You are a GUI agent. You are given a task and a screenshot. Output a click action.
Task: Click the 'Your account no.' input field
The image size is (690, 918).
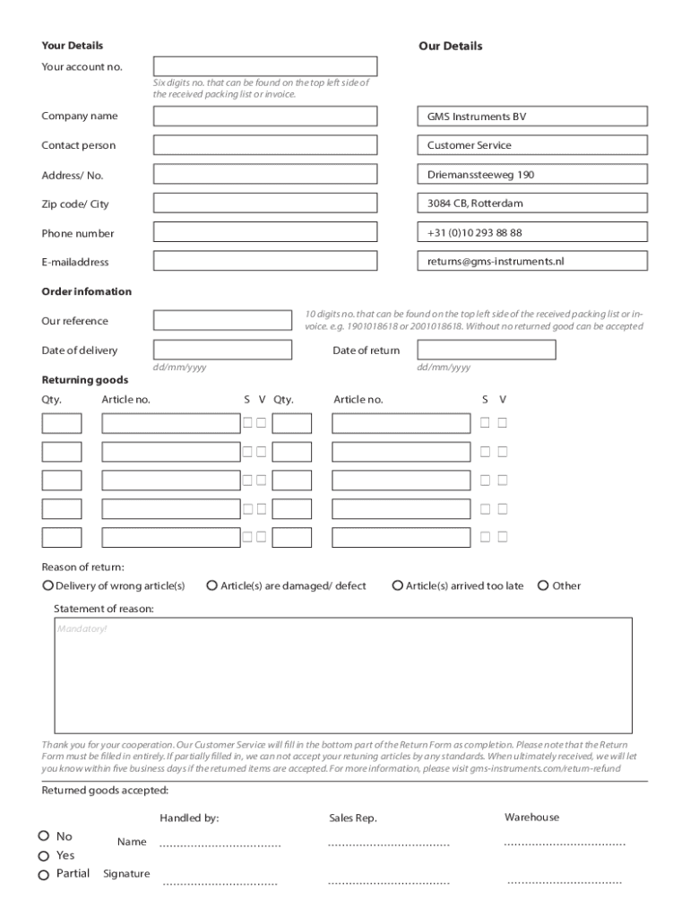coord(265,66)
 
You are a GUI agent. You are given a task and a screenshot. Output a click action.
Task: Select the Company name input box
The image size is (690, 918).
coord(265,117)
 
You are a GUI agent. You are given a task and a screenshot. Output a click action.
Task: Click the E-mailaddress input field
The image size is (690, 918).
coord(265,262)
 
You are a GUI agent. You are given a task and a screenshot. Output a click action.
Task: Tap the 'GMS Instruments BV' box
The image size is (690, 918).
coord(531,117)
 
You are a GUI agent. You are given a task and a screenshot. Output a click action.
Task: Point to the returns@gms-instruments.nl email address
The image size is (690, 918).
coord(496,262)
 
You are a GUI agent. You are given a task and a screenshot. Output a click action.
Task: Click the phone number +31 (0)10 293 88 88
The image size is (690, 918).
coord(474,233)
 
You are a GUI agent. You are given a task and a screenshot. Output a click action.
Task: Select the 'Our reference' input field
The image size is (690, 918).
coord(222,321)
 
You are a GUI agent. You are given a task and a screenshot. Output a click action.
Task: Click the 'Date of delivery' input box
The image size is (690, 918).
coord(222,351)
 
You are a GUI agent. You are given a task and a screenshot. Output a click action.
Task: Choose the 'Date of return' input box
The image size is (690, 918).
coord(487,351)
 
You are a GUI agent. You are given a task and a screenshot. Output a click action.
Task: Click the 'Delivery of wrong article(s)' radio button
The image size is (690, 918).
coord(47,585)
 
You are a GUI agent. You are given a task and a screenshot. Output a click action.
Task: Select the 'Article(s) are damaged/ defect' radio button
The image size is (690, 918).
coord(212,585)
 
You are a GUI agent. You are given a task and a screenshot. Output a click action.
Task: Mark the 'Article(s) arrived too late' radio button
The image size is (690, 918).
coord(398,585)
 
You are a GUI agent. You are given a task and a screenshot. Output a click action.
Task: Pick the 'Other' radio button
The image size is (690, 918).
coord(543,585)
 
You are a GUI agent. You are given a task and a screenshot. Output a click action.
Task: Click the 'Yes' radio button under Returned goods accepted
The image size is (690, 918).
coord(43,855)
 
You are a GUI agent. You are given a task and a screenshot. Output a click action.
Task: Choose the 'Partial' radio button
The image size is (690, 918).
coord(43,875)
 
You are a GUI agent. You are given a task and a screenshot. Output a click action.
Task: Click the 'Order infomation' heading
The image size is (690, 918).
coord(86,291)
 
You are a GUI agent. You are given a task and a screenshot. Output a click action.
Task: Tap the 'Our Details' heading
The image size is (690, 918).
coord(450,46)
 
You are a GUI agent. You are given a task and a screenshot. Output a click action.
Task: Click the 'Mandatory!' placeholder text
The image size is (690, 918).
coord(82,628)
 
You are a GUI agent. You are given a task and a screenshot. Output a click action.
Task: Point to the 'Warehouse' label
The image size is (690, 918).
coord(531,817)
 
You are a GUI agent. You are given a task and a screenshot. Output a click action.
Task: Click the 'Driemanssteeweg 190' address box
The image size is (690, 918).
coord(531,175)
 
